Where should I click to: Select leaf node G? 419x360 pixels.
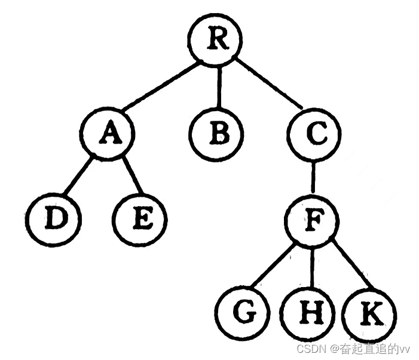coord(243,313)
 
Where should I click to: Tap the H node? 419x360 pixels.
coord(309,313)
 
